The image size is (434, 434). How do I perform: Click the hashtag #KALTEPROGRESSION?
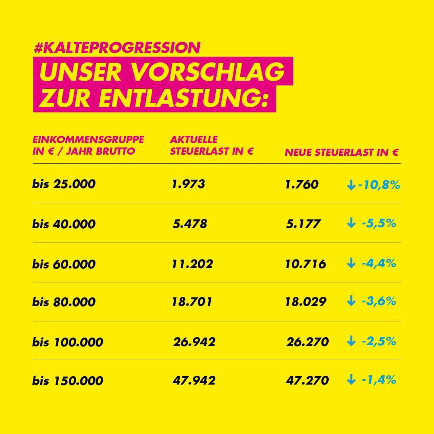pos(117,48)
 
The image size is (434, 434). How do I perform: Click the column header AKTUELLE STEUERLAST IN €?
pos(211,145)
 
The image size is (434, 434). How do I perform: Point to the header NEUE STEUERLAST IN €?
pos(342,153)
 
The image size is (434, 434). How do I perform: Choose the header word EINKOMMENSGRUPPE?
pos(88,139)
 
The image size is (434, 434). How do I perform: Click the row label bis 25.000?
pos(64,184)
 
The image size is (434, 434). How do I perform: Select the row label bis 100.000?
pos(68,342)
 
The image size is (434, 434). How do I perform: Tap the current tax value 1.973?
pos(188,184)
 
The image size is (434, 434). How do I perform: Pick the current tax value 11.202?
pos(192,264)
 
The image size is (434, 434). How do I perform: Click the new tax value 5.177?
pos(303,223)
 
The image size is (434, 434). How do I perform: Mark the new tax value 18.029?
pos(306,302)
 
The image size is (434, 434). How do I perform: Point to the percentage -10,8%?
pos(379,185)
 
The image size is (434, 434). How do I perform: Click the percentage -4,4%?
pos(379,263)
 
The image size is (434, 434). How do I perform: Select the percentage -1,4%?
pos(379,379)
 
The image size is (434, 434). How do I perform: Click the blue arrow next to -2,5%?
pos(351,342)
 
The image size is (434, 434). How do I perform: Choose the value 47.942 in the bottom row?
pos(194,380)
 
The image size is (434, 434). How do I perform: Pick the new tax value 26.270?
pos(307,342)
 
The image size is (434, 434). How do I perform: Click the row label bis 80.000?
pos(64,302)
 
